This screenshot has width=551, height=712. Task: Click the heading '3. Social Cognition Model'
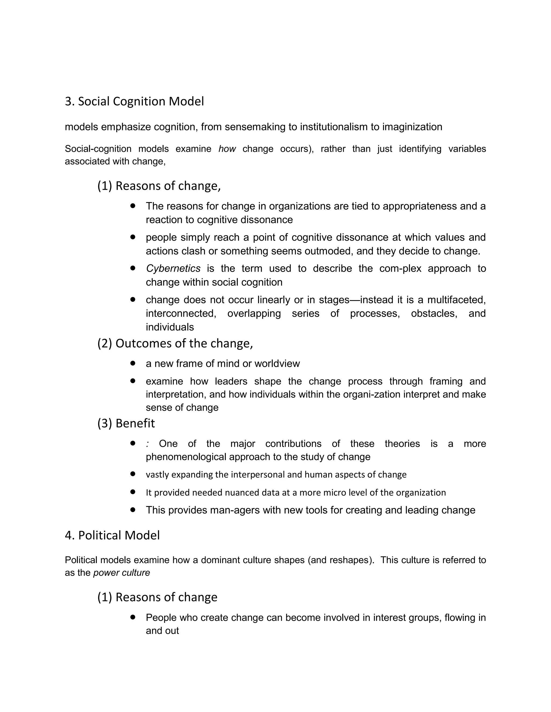(x=134, y=101)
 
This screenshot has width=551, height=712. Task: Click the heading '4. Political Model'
(x=112, y=535)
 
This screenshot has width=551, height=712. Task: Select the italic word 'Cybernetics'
(x=173, y=268)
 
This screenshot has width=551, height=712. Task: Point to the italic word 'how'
(x=227, y=149)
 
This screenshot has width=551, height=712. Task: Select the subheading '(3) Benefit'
(x=126, y=423)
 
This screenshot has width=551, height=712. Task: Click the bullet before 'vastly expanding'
(x=133, y=474)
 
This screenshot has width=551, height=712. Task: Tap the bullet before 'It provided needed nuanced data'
(x=133, y=492)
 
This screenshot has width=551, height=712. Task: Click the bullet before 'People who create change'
(x=133, y=617)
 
